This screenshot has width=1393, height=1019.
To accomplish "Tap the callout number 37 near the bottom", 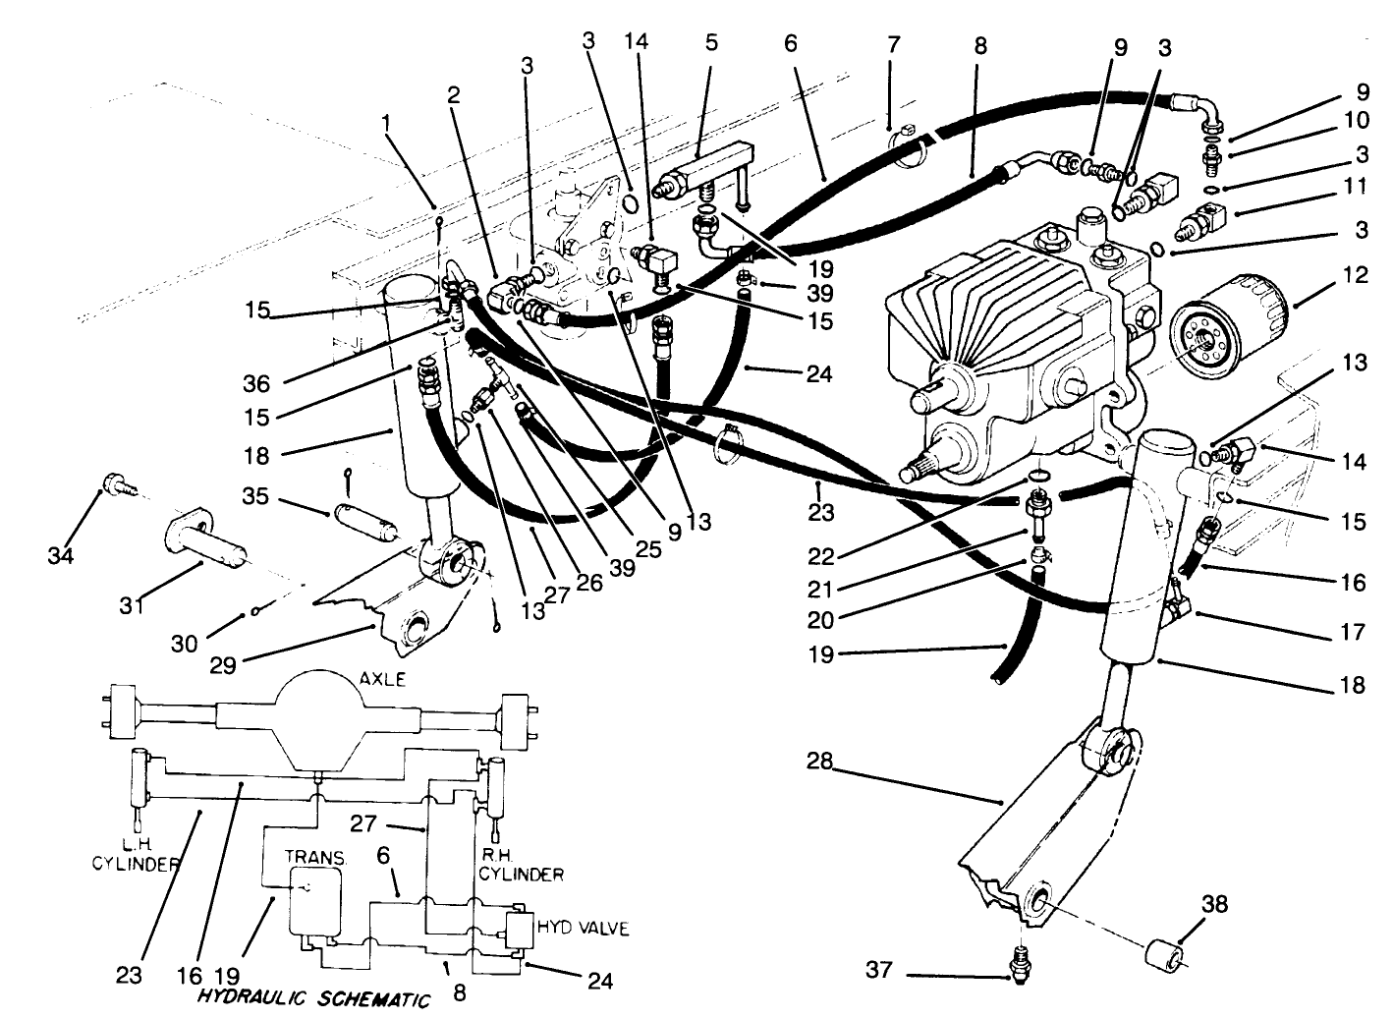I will pos(878,971).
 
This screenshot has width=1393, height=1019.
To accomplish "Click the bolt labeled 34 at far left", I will pos(113,484).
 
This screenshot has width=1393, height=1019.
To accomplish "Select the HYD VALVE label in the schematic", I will pos(583,928).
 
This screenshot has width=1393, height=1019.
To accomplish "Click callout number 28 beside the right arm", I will pos(821,762).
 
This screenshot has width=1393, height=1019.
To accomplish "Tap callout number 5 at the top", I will pos(711,43).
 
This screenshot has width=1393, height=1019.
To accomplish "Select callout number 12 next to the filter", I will pos(1355,276).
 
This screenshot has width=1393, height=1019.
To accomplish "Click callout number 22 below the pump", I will pos(820,557).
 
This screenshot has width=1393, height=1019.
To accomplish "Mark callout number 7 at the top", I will pos(892,45).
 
